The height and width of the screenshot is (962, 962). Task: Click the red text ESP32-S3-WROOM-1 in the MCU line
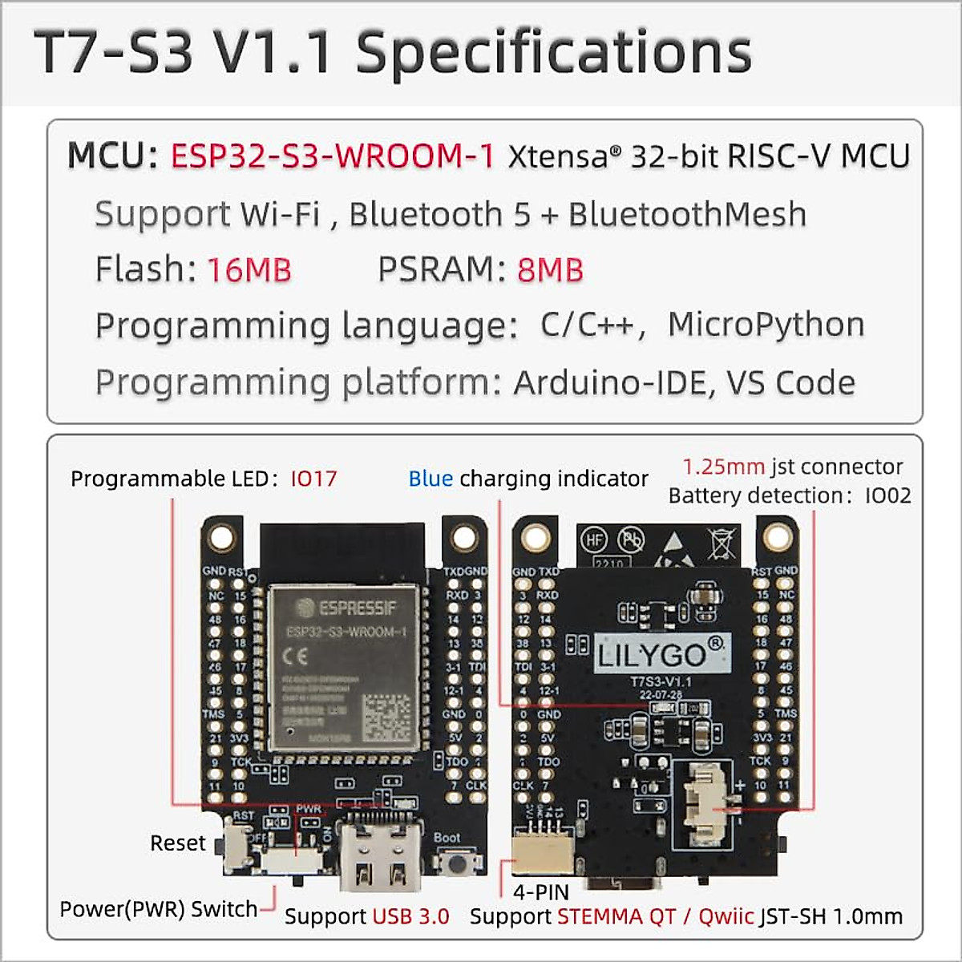coord(333,156)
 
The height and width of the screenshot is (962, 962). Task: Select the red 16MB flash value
coord(249,270)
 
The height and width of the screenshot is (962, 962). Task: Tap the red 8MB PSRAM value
coord(550,270)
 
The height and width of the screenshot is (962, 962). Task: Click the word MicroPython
coord(766,325)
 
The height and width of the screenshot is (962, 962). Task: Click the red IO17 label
coord(313,479)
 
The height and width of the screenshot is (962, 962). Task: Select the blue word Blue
coord(430,479)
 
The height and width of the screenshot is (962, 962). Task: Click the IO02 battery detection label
coord(888,495)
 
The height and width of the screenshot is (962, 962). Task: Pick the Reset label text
coord(178,843)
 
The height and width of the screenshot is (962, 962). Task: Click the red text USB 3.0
coord(411,916)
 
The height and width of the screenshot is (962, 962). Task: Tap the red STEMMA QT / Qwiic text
coord(656,916)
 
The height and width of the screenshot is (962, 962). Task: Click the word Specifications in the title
coord(554,53)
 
